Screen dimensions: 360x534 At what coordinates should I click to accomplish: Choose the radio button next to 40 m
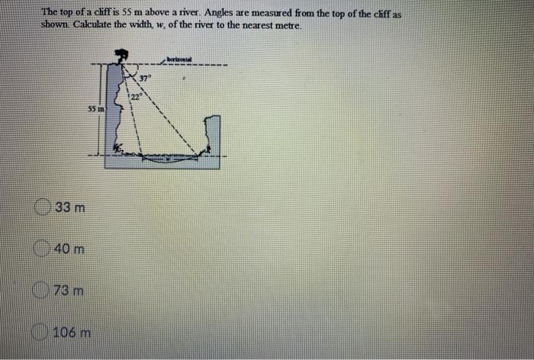pyautogui.click(x=43, y=249)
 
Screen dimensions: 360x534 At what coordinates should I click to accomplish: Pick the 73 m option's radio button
pyautogui.click(x=44, y=291)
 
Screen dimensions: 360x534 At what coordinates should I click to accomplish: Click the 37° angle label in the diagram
pyautogui.click(x=145, y=78)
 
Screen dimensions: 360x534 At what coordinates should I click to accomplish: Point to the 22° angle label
pyautogui.click(x=134, y=96)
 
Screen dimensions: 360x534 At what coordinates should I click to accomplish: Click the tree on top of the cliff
pyautogui.click(x=119, y=55)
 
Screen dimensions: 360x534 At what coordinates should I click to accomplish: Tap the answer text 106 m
pyautogui.click(x=75, y=333)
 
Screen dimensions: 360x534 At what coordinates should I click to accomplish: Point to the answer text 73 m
pyautogui.click(x=70, y=291)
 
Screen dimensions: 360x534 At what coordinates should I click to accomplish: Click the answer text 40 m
pyautogui.click(x=69, y=249)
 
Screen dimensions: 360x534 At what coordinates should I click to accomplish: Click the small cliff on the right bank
pyautogui.click(x=214, y=137)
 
